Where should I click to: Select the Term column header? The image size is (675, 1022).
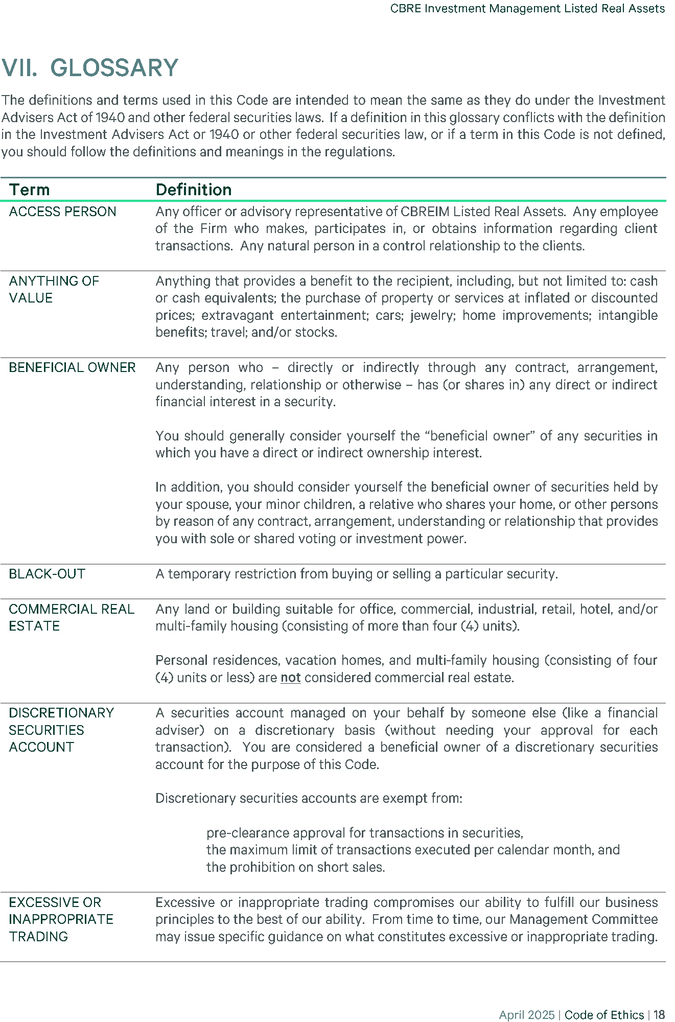[29, 190]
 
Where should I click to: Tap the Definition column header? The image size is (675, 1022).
[193, 190]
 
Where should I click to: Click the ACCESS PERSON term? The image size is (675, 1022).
[62, 212]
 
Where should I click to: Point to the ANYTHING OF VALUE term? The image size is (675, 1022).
[54, 289]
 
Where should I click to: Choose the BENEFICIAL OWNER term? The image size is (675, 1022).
[72, 367]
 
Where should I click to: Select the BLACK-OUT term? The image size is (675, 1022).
[47, 574]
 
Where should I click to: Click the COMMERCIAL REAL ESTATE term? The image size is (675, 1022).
[71, 617]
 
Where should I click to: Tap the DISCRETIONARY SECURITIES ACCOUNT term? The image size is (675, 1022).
[61, 730]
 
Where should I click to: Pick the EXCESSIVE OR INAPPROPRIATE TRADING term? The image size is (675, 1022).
[61, 919]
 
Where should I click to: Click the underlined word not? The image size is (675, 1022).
[290, 678]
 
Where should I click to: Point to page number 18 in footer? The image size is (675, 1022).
[659, 1015]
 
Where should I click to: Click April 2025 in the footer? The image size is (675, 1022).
[526, 1015]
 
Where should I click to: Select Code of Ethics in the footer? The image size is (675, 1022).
[604, 1015]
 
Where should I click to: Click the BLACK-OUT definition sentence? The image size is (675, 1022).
[356, 574]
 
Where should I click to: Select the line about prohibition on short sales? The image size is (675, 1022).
[295, 867]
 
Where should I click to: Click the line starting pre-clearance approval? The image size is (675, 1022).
[364, 833]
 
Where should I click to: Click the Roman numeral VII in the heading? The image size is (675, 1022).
[19, 68]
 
